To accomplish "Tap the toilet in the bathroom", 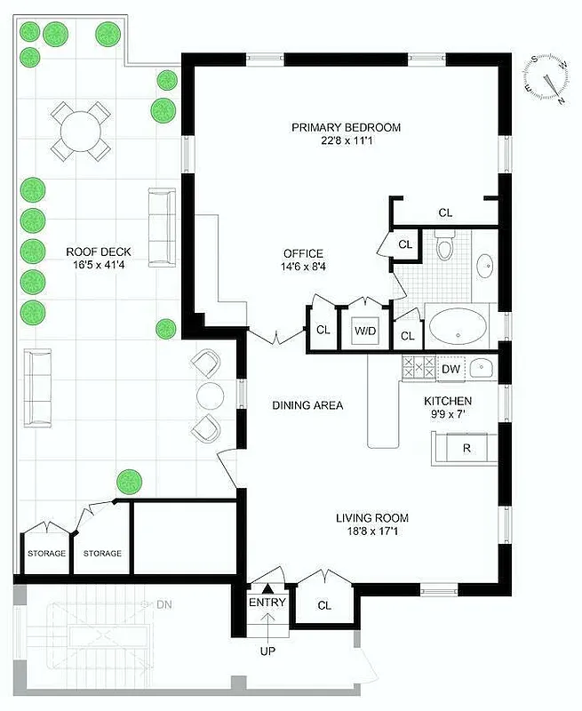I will coord(445,245).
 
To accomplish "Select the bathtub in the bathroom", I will coord(457,327).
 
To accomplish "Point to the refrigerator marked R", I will coord(466,448).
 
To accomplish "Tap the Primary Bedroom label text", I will coord(346,127).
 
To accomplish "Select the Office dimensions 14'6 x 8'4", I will coord(303,267).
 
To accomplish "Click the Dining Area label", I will coord(307,405).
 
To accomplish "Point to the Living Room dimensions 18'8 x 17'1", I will coord(371,532).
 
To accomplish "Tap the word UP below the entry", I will coord(267,651).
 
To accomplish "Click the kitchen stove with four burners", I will coord(416,368).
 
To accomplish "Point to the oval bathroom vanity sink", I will coord(485,264).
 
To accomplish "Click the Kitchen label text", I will coord(447,401).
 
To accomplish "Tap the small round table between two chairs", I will coord(211,394).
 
